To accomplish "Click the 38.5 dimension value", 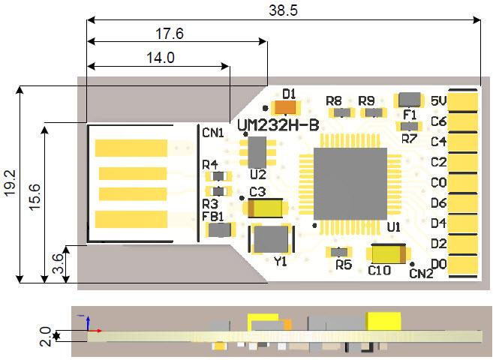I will (x=284, y=10).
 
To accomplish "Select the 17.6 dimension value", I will (x=170, y=34).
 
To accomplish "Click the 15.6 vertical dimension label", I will (x=35, y=199).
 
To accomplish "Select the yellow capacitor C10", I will (x=387, y=256).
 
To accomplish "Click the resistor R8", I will (x=342, y=112).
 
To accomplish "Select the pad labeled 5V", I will (x=464, y=100).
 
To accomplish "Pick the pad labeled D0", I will (x=464, y=264).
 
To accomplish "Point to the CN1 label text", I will (x=212, y=133).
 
